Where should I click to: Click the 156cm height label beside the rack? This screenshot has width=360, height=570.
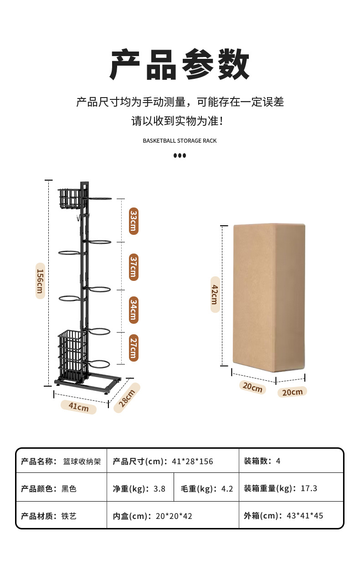click(x=40, y=280)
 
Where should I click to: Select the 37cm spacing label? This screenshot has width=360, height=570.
click(x=133, y=267)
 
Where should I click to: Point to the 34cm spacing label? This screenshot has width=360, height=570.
click(x=133, y=311)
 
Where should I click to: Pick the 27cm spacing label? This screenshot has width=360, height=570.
click(x=133, y=348)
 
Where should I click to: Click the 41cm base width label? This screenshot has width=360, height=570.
click(x=79, y=406)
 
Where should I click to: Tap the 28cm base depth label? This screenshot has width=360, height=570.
click(x=127, y=397)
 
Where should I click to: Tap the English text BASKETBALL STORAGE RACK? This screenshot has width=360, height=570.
click(x=180, y=141)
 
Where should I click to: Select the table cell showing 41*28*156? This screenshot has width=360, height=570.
click(x=192, y=461)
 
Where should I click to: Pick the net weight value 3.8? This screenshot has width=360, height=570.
click(x=159, y=489)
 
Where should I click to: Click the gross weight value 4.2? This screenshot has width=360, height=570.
click(x=227, y=489)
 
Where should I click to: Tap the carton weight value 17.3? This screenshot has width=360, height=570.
click(x=309, y=488)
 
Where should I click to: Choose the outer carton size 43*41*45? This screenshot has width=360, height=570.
click(x=305, y=516)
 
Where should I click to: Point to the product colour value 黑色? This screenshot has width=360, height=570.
click(x=69, y=489)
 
